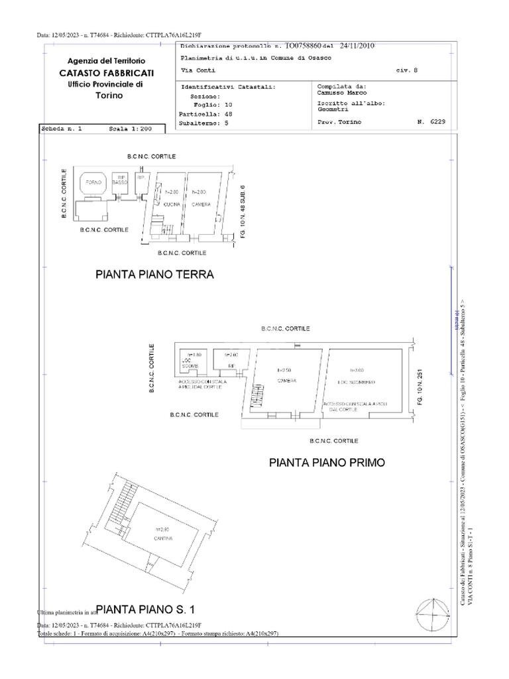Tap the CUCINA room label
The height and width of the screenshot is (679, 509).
pos(172,204)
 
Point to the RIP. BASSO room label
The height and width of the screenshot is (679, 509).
pos(119,180)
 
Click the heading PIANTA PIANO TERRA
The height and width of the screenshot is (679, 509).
pos(154,275)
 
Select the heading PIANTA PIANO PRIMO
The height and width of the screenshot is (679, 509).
pos(327,463)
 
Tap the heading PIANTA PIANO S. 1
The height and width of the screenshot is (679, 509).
pos(145,609)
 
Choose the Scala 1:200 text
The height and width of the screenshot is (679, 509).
pos(130,129)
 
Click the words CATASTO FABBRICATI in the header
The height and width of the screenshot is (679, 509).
pos(106,72)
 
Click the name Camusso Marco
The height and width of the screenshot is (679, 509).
pos(339,93)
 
